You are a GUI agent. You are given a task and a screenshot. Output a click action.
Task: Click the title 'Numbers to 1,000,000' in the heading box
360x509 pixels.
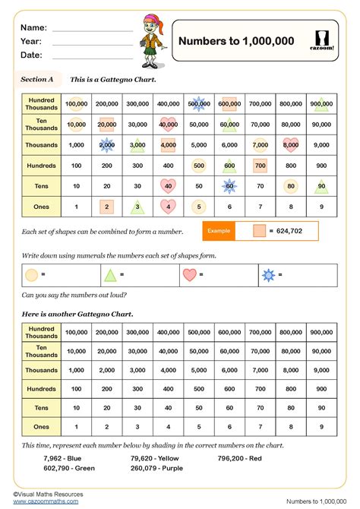[235, 41]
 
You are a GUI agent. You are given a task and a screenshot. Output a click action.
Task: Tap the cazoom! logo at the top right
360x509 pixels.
[321, 41]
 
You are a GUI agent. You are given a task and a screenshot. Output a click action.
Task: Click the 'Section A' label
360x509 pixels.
[37, 79]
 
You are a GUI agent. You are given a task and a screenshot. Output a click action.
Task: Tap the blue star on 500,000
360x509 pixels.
[198, 103]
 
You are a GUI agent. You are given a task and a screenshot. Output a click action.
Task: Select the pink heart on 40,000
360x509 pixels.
[168, 124]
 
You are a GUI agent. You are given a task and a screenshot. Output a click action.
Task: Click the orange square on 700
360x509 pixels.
[260, 165]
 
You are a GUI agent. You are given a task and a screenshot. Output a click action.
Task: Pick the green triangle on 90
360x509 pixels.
[321, 185]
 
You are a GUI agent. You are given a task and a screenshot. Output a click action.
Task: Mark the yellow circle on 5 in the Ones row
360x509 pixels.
[198, 206]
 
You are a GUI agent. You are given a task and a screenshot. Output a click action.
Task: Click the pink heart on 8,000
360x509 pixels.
[290, 144]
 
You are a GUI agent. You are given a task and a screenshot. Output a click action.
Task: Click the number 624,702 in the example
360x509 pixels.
[292, 230]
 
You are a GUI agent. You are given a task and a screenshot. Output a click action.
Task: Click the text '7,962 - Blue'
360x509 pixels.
[63, 458]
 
